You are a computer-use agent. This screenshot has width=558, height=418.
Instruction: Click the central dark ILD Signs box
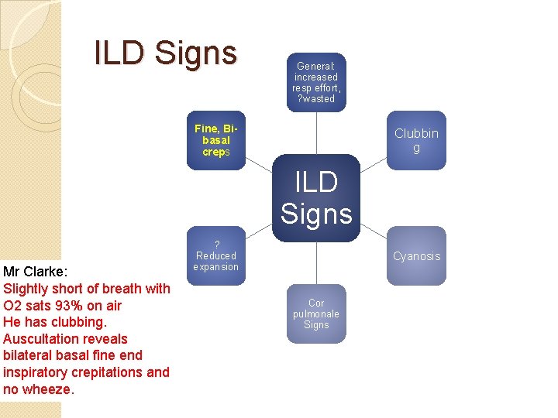click(316, 198)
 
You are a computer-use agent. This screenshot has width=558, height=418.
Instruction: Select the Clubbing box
click(416, 140)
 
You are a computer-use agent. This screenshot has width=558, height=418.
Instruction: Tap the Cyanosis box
click(416, 256)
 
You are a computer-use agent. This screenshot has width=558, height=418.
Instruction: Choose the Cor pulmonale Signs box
click(316, 313)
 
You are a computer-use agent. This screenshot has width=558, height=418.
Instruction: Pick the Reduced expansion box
click(216, 256)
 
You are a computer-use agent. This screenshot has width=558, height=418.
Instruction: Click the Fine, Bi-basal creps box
click(216, 140)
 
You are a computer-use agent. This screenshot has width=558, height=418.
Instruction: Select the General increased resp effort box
click(316, 82)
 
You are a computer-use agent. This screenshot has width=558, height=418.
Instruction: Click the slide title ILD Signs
click(165, 53)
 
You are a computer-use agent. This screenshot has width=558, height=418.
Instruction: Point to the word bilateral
click(29, 355)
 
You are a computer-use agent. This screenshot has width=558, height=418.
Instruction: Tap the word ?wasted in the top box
click(316, 98)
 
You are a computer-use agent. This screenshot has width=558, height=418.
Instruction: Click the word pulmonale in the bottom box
click(316, 313)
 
